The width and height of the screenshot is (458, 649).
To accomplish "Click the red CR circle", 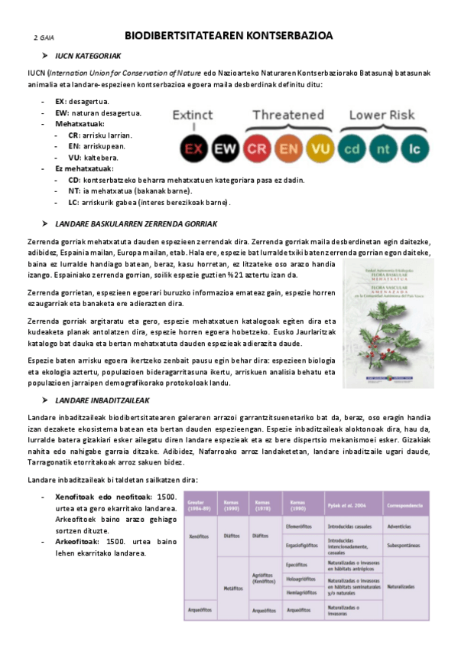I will [x=258, y=147].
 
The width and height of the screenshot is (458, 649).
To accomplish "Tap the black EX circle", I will [x=194, y=147].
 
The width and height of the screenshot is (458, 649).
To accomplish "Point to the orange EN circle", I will [x=289, y=147].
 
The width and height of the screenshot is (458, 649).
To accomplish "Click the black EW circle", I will [x=226, y=147].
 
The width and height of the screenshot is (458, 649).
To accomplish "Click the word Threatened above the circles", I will [x=288, y=115].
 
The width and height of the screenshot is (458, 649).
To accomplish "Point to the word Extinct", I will [x=193, y=116].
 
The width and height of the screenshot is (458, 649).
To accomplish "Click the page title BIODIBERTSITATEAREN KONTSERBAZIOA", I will [x=229, y=36].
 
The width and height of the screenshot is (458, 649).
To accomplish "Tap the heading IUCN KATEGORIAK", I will [x=88, y=57].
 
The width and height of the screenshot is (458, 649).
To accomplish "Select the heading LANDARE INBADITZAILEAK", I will [x=102, y=400].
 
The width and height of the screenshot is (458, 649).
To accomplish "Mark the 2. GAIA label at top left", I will [x=44, y=38].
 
